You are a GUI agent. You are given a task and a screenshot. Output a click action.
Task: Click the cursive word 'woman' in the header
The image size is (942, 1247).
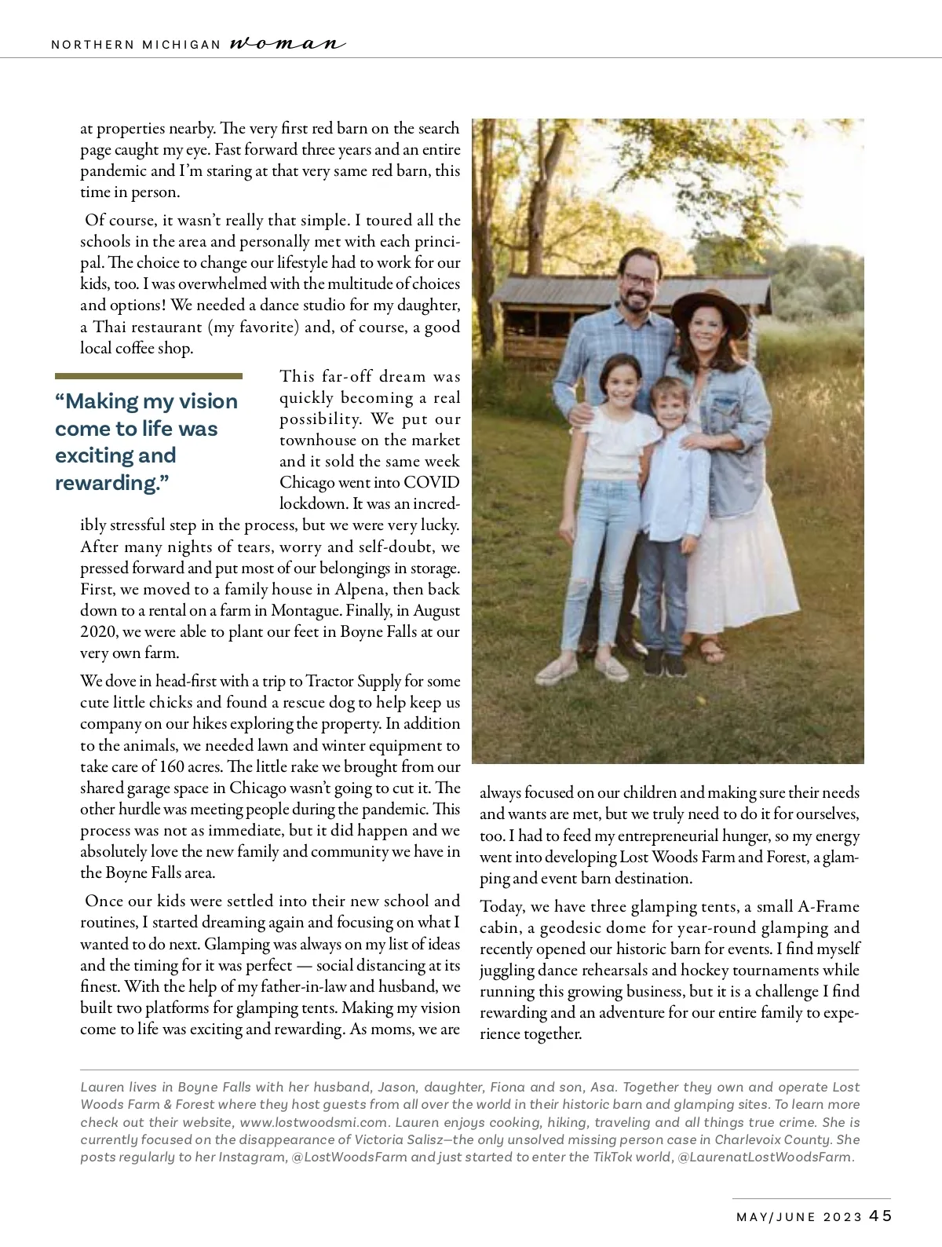[287, 44]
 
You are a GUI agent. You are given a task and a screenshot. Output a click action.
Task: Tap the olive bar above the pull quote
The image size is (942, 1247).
[148, 376]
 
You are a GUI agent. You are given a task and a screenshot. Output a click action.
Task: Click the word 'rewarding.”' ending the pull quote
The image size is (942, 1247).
[112, 482]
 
